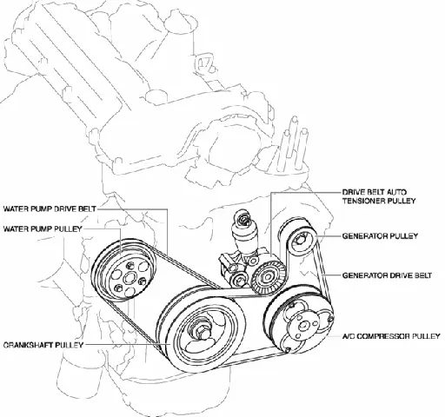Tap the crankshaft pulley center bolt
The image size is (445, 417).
click(x=203, y=334)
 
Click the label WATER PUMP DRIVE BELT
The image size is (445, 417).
click(x=50, y=209)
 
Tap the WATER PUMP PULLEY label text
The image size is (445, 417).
click(x=43, y=229)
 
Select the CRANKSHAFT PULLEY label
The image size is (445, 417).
click(x=43, y=344)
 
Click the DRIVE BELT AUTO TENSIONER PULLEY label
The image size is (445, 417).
click(x=375, y=195)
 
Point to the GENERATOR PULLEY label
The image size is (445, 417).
click(x=381, y=235)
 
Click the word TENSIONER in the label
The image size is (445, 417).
click(x=362, y=200)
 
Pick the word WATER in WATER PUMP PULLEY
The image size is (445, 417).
click(x=17, y=229)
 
